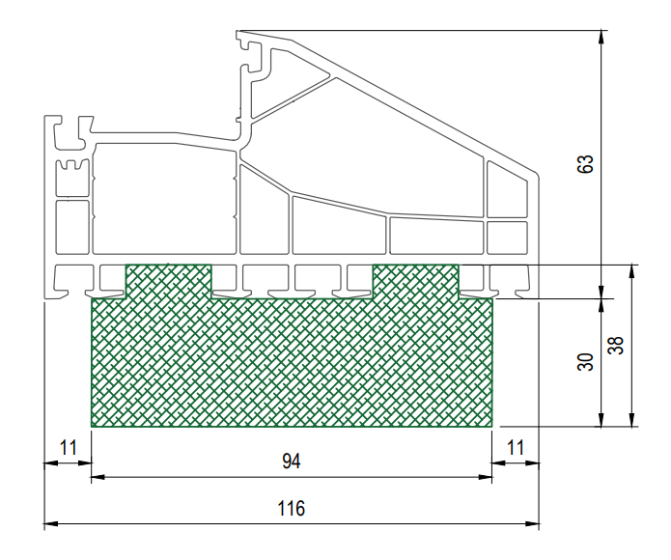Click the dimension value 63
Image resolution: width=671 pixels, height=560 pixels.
click(585, 164)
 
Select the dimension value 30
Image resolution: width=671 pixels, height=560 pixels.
click(585, 361)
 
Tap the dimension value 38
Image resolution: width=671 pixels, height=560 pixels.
click(616, 346)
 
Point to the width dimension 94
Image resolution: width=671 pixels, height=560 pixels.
click(292, 462)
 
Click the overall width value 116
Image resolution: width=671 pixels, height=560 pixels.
click(292, 509)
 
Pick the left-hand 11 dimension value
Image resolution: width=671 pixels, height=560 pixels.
click(68, 448)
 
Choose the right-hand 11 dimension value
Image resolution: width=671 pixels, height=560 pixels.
click(516, 448)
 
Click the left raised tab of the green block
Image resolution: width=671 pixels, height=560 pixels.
click(168, 281)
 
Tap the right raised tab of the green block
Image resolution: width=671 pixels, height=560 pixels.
click(416, 281)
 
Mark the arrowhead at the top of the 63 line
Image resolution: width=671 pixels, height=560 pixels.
click(601, 36)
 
